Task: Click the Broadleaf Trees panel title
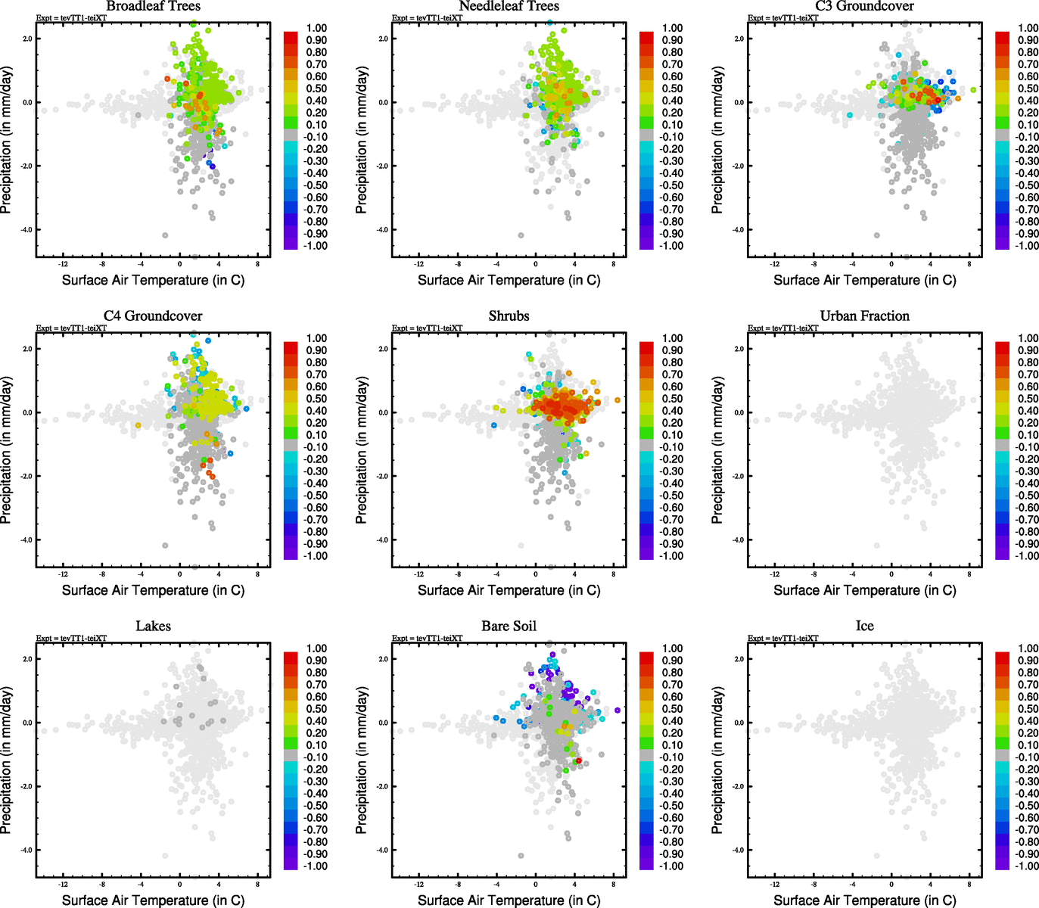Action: pos(153,6)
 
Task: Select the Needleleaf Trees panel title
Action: pos(509,6)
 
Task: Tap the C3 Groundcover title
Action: pos(864,6)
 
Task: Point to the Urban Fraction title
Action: pos(864,316)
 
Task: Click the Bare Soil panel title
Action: pos(509,627)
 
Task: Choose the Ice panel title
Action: pos(864,627)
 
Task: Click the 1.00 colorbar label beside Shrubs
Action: pos(672,338)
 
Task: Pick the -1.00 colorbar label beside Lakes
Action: pos(316,866)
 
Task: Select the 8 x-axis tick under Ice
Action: pos(969,885)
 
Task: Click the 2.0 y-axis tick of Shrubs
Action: pos(382,349)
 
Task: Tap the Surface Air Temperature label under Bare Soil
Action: pos(509,900)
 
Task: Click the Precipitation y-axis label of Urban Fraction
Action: pos(717,451)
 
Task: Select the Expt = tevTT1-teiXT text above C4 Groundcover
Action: pos(71,328)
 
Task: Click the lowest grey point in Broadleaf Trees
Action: pos(166,235)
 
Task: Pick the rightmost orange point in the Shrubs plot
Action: pos(617,400)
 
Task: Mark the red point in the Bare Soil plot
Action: pos(579,760)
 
